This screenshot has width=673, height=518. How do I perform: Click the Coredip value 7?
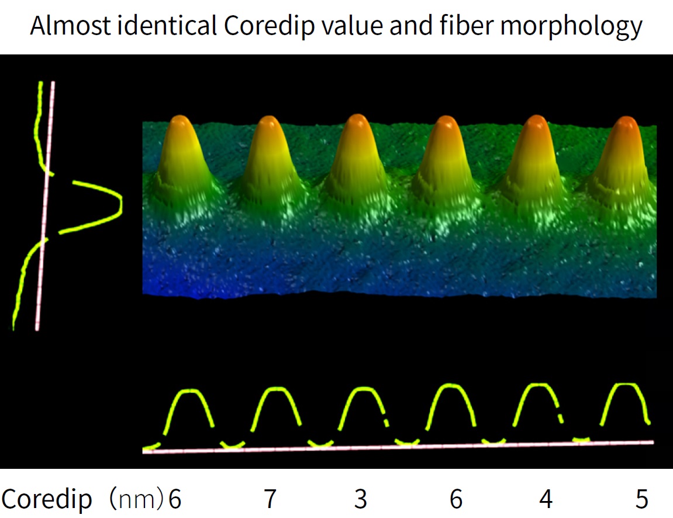pos(269,499)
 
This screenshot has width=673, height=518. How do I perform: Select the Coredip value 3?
pos(361,499)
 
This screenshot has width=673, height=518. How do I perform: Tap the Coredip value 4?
pos(546,499)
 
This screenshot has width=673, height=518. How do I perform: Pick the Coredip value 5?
pos(642,499)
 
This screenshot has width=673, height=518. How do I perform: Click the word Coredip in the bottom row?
pos(47,499)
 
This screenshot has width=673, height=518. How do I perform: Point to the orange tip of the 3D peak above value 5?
pos(626,124)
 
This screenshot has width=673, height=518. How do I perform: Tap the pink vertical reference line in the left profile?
pos(45,205)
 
